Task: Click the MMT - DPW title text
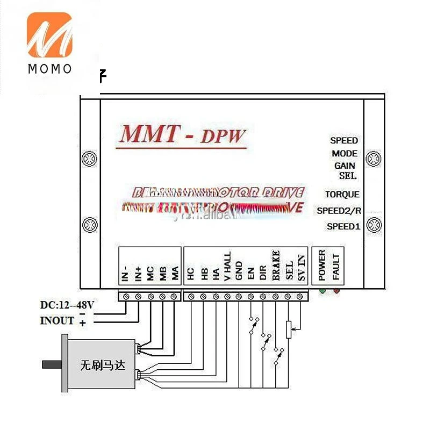point(183,134)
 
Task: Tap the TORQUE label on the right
point(342,195)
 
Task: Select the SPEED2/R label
point(339,211)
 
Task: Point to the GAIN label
point(345,166)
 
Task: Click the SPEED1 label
point(343,226)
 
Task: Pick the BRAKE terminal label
point(276,266)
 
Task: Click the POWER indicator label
point(322,266)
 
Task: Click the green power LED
point(322,291)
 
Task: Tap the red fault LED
point(336,291)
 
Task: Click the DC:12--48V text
point(68,305)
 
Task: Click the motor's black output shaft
point(52,364)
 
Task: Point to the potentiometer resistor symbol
point(289,328)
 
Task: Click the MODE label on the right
point(345,153)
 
